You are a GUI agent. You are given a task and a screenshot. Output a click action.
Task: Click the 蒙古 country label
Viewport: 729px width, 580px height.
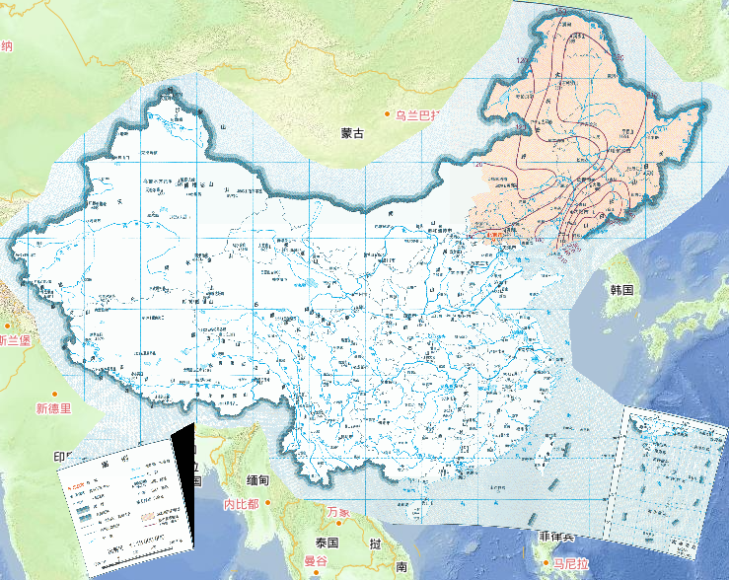click(x=352, y=132)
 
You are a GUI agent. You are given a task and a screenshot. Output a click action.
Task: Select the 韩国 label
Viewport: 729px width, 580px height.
click(x=621, y=290)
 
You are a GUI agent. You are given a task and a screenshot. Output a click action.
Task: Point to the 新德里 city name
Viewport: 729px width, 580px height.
click(x=53, y=408)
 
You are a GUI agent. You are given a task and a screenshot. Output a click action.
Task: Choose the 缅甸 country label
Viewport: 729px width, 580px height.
click(x=257, y=480)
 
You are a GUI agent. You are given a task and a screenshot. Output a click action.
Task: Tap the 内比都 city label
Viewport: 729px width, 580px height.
click(x=241, y=504)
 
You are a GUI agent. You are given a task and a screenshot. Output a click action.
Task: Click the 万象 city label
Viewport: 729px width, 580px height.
click(x=339, y=512)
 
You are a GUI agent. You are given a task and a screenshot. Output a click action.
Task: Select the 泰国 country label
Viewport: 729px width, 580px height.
click(x=328, y=544)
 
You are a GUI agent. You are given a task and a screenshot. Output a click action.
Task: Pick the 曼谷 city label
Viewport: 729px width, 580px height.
click(x=316, y=561)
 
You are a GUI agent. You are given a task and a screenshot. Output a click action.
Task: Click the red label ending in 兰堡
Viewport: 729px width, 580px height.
click(x=16, y=340)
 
